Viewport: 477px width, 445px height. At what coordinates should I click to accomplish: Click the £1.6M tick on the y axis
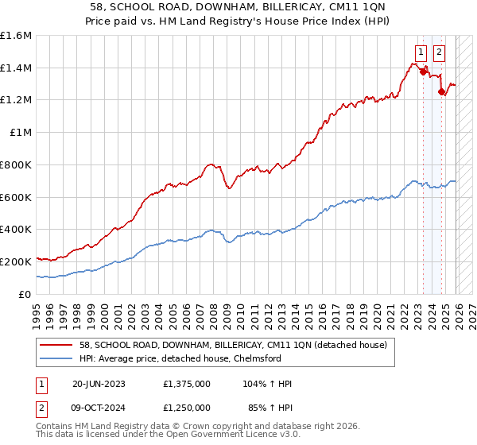pos(16,36)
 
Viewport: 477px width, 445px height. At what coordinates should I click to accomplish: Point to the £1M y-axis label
pos(21,133)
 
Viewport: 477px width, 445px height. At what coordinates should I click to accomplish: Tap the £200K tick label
pos(16,261)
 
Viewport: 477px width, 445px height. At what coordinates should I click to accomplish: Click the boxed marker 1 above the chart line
pos(420,53)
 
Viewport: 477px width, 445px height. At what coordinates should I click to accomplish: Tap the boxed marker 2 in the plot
pos(440,53)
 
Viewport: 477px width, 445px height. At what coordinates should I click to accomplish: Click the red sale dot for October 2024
pos(441,92)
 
